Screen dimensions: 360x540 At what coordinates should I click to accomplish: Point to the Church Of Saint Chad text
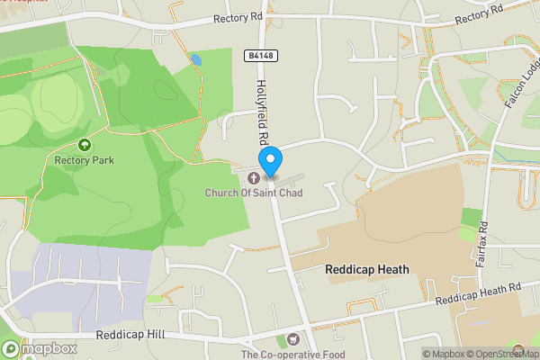tap(254, 193)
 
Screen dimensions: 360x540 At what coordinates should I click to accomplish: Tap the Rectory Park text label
tap(85, 161)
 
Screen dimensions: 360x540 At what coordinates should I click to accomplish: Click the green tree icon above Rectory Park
tap(85, 145)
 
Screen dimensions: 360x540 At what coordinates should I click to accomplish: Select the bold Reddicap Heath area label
tap(367, 269)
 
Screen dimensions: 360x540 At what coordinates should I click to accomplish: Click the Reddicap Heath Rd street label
tap(477, 292)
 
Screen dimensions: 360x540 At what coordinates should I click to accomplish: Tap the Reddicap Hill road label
tap(130, 335)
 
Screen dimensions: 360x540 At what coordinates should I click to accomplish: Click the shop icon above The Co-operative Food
tap(292, 339)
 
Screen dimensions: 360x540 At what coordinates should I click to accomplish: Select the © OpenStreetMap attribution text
tap(502, 354)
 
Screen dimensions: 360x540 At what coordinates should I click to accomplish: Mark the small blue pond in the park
tap(195, 59)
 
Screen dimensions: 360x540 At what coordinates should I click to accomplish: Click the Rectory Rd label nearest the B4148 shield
tap(237, 19)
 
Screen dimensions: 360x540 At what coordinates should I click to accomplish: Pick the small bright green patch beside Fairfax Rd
tap(471, 217)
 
